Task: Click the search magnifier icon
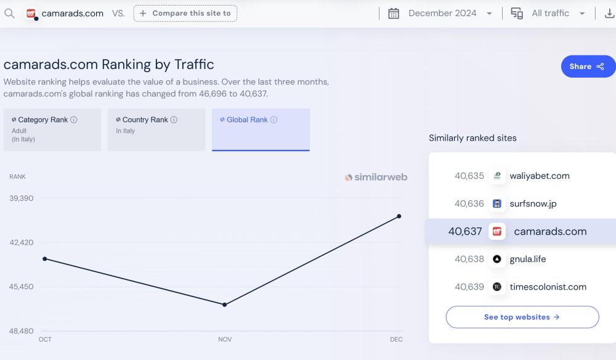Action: tap(9, 13)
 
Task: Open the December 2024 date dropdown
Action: tap(441, 13)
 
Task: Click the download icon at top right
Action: tap(609, 13)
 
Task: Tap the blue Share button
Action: tap(588, 67)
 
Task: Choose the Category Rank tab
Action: tap(52, 129)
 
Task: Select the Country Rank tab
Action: tap(156, 129)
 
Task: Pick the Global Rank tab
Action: tap(261, 129)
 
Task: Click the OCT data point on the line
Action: tap(45, 259)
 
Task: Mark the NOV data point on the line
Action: tap(225, 305)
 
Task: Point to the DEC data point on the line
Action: tap(399, 216)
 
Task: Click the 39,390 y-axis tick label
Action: tap(22, 198)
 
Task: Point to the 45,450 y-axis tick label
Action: tap(22, 287)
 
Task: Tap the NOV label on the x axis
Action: tap(225, 340)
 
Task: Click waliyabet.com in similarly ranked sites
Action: tap(539, 176)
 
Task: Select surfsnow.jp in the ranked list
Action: tap(533, 203)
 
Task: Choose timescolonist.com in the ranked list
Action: tap(548, 287)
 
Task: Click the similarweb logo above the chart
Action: tap(376, 178)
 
